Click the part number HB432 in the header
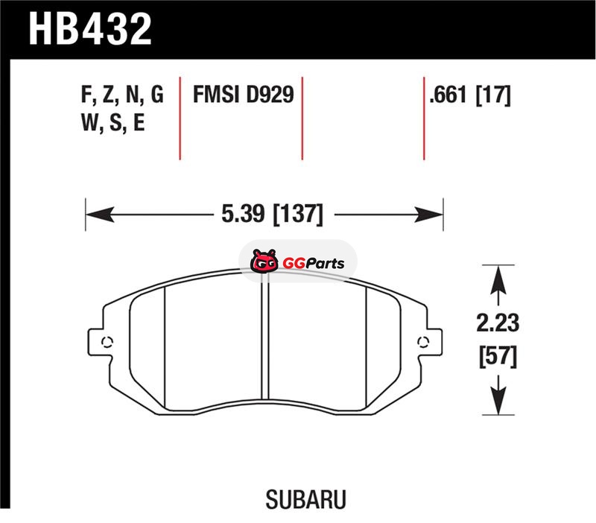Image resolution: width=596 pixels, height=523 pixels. pyautogui.click(x=90, y=29)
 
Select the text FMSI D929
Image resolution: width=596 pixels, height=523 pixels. pyautogui.click(x=244, y=95)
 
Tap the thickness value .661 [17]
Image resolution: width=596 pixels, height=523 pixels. pyautogui.click(x=470, y=95)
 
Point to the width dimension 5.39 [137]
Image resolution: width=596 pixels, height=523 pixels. pyautogui.click(x=272, y=214)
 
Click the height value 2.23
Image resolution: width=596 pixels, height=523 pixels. pyautogui.click(x=498, y=323)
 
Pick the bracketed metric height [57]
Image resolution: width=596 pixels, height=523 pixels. pyautogui.click(x=498, y=356)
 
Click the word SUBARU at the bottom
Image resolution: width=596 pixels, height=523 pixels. pyautogui.click(x=305, y=499)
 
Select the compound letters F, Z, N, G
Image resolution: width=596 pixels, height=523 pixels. pyautogui.click(x=122, y=95)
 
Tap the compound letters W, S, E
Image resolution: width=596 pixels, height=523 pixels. pyautogui.click(x=113, y=123)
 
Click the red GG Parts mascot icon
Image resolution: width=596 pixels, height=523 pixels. pyautogui.click(x=264, y=261)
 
